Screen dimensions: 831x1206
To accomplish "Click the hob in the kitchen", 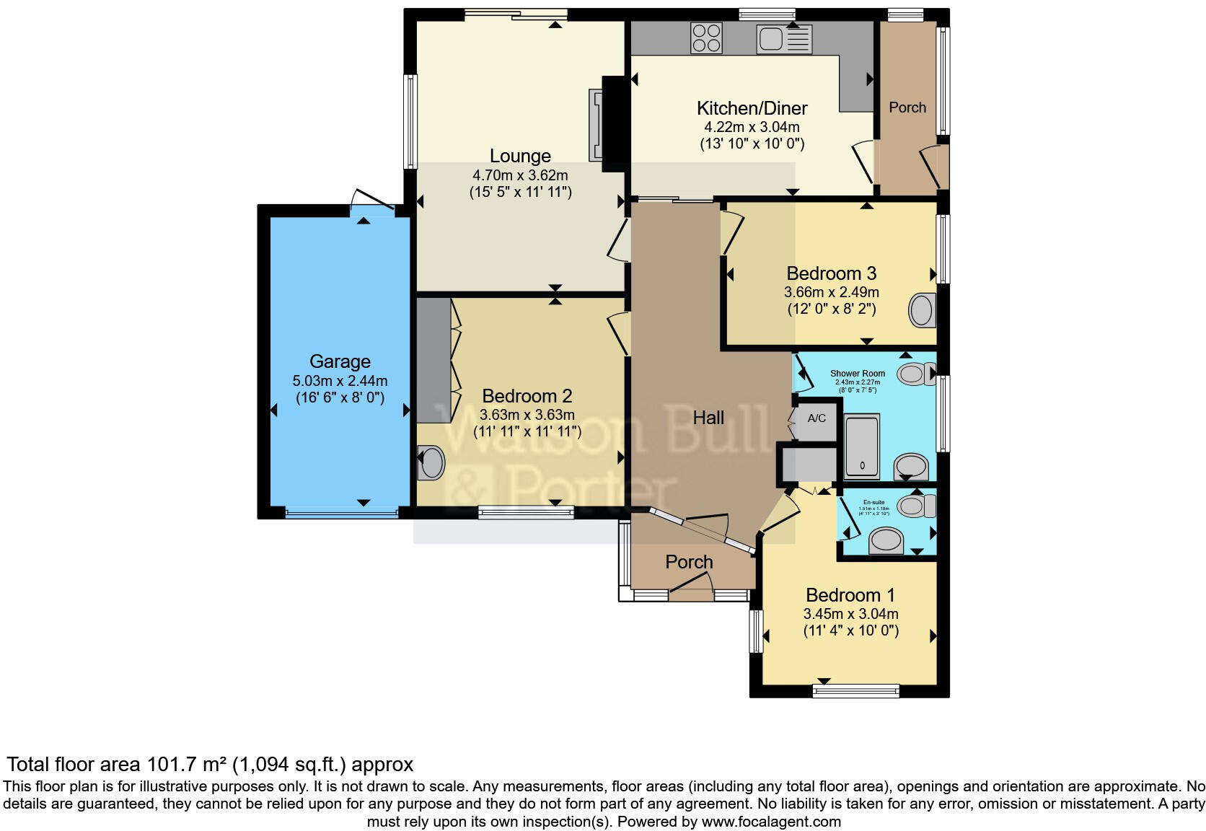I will click(706, 38).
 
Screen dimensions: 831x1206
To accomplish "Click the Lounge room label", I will click(520, 156).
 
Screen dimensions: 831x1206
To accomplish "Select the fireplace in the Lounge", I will click(598, 125).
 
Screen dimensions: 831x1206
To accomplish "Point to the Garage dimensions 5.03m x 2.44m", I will click(340, 381).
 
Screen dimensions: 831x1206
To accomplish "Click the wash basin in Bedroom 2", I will click(431, 463).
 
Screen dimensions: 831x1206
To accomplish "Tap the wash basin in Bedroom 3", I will click(922, 310).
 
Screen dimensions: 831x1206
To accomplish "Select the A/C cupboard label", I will click(817, 418).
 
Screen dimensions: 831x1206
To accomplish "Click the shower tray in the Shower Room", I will click(861, 447).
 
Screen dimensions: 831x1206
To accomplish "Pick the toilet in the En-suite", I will click(916, 506).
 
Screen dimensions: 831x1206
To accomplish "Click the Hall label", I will click(708, 418).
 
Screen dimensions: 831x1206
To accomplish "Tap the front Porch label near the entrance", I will click(689, 562).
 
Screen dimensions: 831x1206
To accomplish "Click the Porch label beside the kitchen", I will click(907, 107).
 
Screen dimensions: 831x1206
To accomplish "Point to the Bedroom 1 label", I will click(850, 595).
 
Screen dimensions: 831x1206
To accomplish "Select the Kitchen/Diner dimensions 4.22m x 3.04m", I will click(752, 127).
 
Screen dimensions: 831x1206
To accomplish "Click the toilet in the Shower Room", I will click(915, 374).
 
